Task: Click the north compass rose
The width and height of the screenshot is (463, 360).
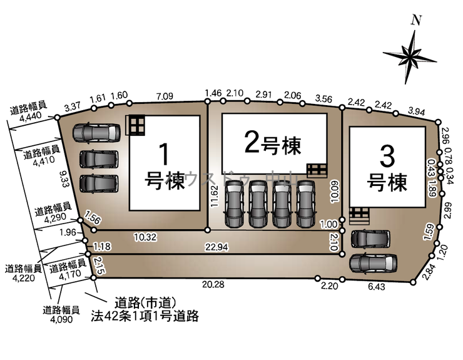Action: click(x=410, y=54)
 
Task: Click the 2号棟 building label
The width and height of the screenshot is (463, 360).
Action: click(x=273, y=145)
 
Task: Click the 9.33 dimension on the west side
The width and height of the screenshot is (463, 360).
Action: click(x=61, y=180)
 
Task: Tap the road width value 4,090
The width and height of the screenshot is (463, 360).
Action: click(x=61, y=319)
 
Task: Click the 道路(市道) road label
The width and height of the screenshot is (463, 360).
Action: click(x=145, y=302)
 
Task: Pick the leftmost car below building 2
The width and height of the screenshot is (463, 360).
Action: click(x=233, y=203)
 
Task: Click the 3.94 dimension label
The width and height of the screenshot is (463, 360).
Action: click(x=417, y=111)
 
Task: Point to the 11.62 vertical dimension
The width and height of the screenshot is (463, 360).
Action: click(x=214, y=195)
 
